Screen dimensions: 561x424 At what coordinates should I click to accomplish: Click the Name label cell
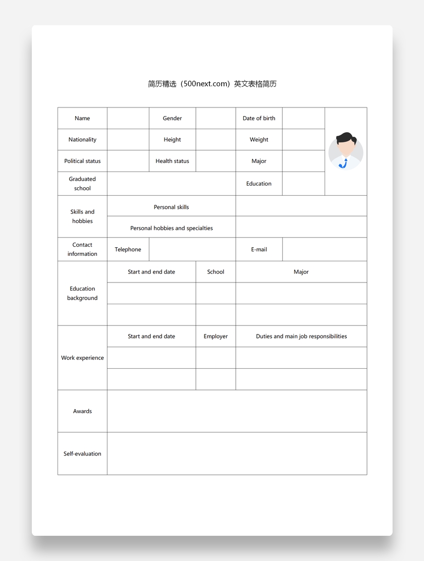click(x=82, y=119)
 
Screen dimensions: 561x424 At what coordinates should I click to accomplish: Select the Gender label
click(x=172, y=119)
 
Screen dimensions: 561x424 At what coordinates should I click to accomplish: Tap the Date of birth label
click(x=259, y=119)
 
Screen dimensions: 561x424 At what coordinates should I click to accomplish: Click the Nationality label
click(x=82, y=140)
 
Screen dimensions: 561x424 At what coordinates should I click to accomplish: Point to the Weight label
click(x=259, y=140)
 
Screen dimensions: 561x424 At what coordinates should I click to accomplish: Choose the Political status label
click(x=82, y=161)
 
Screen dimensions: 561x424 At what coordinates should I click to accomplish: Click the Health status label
click(x=172, y=161)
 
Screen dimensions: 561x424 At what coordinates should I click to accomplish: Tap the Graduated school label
click(x=82, y=184)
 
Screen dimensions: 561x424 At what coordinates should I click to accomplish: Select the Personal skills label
click(x=171, y=207)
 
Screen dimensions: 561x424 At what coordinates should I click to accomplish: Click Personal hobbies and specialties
click(x=171, y=229)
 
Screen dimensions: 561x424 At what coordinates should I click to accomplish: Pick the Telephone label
click(x=128, y=250)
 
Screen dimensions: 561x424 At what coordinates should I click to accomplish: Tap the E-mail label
click(x=259, y=250)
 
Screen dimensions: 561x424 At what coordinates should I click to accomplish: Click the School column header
click(x=216, y=272)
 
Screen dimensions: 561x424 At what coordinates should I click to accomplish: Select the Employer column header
click(x=216, y=336)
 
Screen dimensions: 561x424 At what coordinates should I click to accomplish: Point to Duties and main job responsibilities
click(x=301, y=336)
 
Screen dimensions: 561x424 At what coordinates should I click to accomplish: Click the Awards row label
click(x=82, y=412)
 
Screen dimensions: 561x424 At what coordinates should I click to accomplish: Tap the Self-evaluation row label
click(x=82, y=454)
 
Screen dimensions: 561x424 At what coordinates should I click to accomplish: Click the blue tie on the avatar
click(x=344, y=163)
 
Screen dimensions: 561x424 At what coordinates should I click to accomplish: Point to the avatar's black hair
click(x=346, y=137)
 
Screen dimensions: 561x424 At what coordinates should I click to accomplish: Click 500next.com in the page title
click(x=207, y=84)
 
